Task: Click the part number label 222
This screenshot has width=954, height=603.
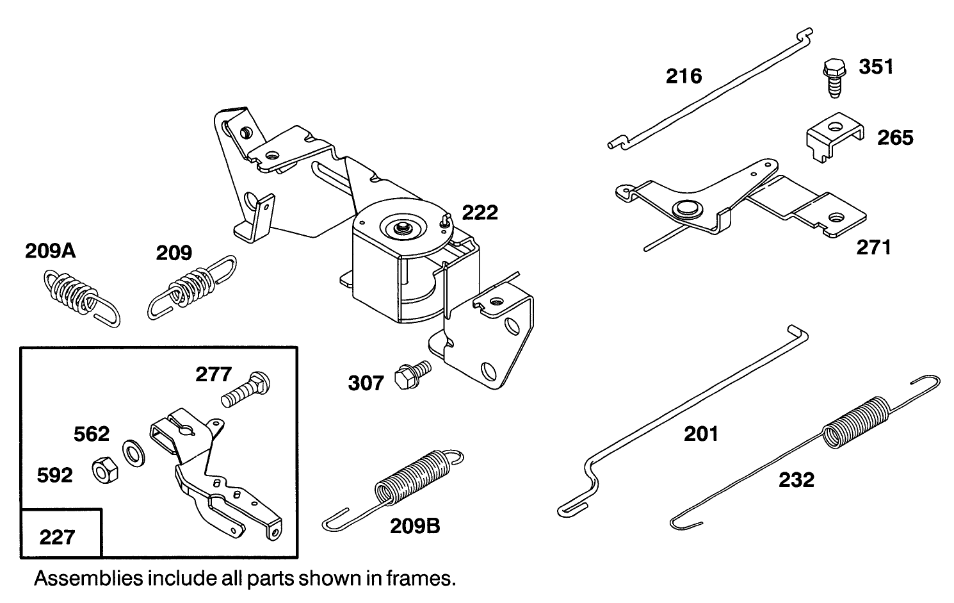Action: (x=480, y=212)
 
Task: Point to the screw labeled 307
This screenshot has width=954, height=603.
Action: (x=412, y=373)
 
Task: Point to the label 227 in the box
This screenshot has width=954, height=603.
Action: (x=57, y=536)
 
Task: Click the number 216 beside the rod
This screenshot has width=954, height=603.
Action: (x=684, y=76)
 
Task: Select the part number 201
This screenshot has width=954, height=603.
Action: (x=701, y=434)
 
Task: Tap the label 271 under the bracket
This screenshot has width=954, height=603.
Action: (x=873, y=247)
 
